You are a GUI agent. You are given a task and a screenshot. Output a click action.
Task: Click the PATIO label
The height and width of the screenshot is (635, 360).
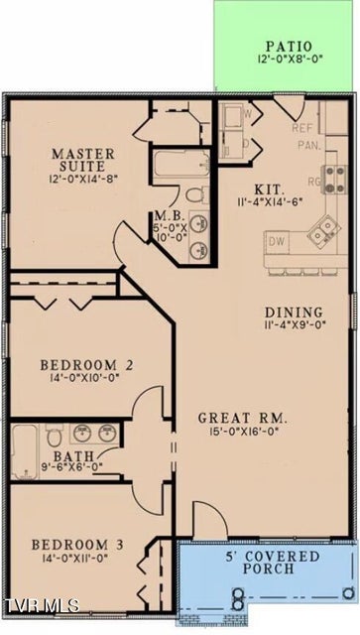click(x=289, y=46)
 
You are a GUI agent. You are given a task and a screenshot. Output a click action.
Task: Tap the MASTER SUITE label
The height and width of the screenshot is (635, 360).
click(x=83, y=160)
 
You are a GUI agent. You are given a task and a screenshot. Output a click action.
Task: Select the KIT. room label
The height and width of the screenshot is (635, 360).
click(x=270, y=190)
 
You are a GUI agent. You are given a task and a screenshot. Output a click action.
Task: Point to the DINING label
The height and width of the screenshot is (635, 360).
click(x=294, y=313)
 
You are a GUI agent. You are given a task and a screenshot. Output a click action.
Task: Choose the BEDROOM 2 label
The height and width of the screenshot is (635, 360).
click(x=86, y=365)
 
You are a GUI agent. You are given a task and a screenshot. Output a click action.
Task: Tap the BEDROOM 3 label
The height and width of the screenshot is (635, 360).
click(x=77, y=545)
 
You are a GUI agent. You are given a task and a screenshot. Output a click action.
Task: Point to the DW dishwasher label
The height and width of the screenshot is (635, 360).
click(x=277, y=242)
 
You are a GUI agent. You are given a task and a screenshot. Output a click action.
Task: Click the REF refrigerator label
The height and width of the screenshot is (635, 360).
click(x=302, y=128)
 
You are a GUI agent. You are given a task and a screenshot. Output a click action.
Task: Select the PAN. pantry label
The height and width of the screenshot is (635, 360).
click(x=309, y=145)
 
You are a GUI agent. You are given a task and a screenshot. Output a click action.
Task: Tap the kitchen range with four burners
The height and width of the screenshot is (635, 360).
click(x=334, y=179)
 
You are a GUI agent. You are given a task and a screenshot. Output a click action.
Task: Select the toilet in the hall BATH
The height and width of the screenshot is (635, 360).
click(x=54, y=436)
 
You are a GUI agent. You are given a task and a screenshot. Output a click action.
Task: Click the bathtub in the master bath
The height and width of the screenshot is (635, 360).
click(x=181, y=164)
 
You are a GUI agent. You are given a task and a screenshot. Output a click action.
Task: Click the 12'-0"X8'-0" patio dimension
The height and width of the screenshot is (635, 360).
click(x=290, y=59)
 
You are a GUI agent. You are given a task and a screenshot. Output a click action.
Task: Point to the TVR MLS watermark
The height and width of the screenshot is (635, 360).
click(x=41, y=605)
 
